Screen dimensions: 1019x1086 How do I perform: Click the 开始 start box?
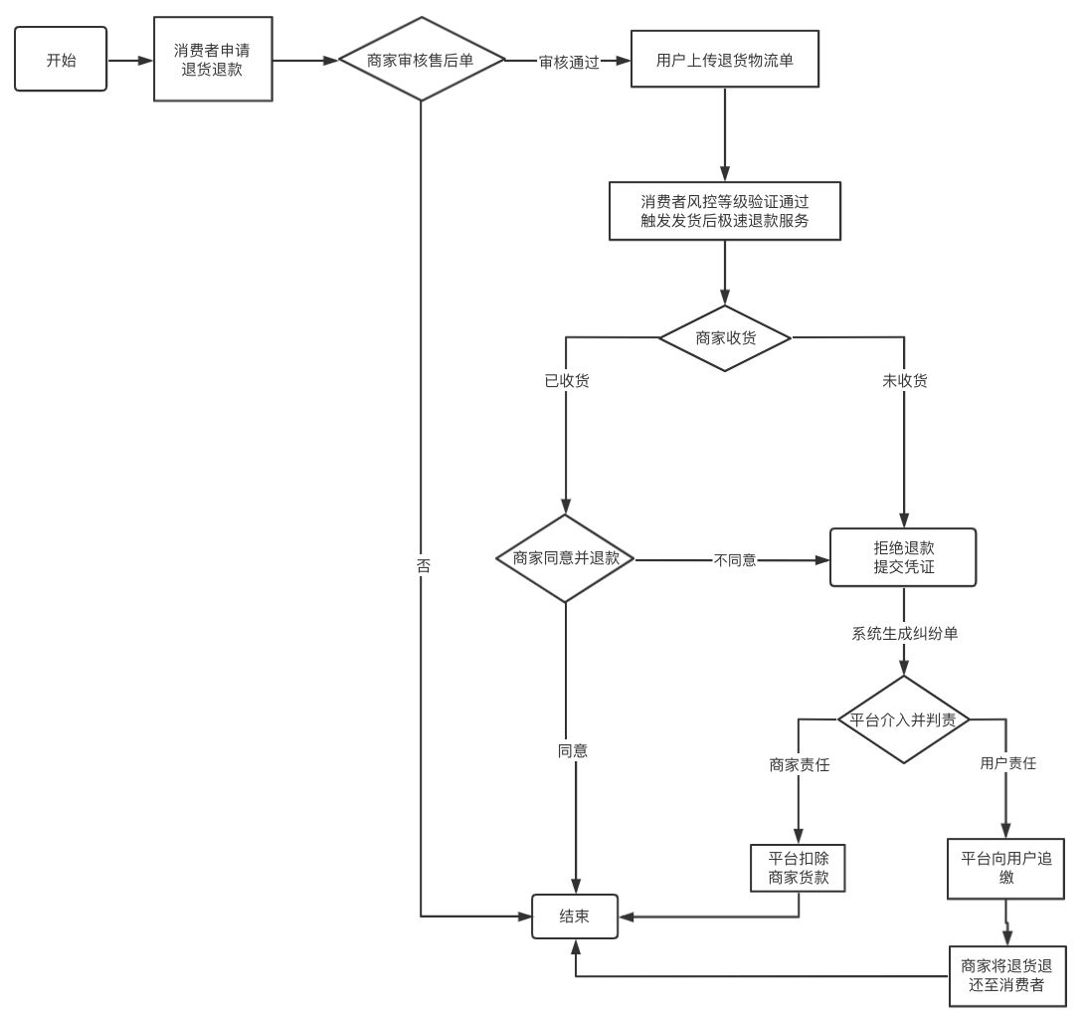pyautogui.click(x=61, y=60)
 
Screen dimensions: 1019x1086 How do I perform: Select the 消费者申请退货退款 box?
pyautogui.click(x=213, y=60)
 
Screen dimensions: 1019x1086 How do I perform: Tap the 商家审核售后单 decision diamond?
pyautogui.click(x=421, y=60)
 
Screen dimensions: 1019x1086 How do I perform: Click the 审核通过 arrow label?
pyautogui.click(x=569, y=61)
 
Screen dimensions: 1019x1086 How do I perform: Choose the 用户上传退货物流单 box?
pyautogui.click(x=724, y=60)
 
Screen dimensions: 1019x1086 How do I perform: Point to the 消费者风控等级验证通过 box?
pyautogui.click(x=725, y=210)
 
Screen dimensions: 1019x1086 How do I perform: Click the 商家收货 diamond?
pyautogui.click(x=725, y=337)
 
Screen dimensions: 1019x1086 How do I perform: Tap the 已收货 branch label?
pyautogui.click(x=566, y=381)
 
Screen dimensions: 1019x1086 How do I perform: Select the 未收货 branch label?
pyautogui.click(x=904, y=381)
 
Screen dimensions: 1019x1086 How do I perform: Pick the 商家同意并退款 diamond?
pyautogui.click(x=566, y=558)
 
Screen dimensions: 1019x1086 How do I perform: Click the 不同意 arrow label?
pyautogui.click(x=735, y=560)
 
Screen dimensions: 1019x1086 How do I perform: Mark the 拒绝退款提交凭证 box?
pyautogui.click(x=904, y=558)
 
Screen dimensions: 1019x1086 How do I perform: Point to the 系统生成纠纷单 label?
pyautogui.click(x=904, y=633)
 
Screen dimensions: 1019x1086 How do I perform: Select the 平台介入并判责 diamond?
pyautogui.click(x=903, y=719)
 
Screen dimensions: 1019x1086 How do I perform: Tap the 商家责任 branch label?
pyautogui.click(x=800, y=764)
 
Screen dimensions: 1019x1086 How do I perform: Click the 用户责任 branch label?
pyautogui.click(x=1007, y=764)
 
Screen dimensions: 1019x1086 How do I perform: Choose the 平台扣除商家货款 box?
pyautogui.click(x=799, y=868)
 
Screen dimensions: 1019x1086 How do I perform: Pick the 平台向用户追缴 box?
pyautogui.click(x=1006, y=868)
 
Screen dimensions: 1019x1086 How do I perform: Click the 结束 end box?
pyautogui.click(x=575, y=916)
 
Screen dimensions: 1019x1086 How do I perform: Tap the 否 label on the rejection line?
pyautogui.click(x=423, y=565)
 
